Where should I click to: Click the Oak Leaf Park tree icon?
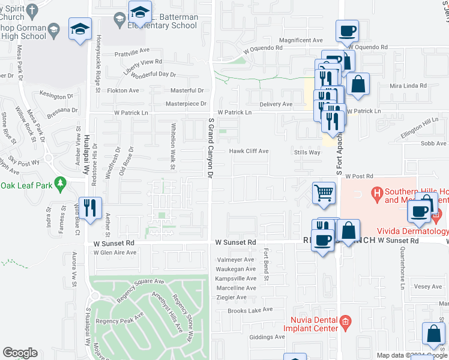tap(59, 182)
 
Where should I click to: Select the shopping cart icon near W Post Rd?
tap(324, 193)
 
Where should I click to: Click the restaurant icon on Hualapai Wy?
tap(90, 208)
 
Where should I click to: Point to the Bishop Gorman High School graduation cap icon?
tap(80, 28)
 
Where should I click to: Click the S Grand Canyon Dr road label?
tap(210, 148)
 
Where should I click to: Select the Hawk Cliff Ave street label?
tap(249, 151)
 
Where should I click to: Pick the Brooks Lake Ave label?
tap(250, 310)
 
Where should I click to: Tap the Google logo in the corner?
tap(20, 353)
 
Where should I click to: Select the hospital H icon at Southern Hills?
tap(377, 193)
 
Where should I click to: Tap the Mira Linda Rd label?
tap(408, 86)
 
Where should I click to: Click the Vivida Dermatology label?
tap(412, 231)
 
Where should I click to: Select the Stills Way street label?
tap(306, 152)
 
